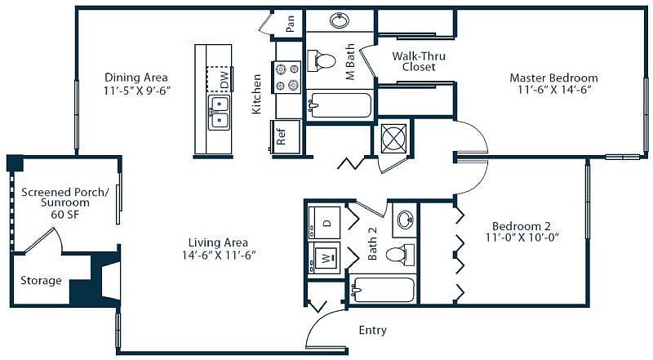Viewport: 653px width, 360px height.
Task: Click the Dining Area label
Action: (136, 78)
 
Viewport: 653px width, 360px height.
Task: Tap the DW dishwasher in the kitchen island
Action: (219, 79)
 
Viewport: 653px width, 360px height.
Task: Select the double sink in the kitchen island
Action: (219, 113)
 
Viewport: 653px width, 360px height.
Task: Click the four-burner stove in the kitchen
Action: (287, 77)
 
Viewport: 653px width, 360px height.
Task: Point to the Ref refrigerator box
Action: (286, 136)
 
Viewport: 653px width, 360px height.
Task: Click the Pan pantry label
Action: (291, 24)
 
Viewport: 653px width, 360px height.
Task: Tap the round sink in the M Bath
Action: (340, 20)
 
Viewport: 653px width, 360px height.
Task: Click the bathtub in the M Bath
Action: (340, 106)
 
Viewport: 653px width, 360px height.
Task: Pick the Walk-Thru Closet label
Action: (419, 61)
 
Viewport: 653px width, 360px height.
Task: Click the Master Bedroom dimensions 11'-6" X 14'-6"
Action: (554, 90)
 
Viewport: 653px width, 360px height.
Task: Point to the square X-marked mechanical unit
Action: (393, 138)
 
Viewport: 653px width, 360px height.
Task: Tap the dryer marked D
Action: (324, 223)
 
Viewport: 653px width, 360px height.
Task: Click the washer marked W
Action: (324, 258)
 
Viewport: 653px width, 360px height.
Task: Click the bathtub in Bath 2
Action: (382, 290)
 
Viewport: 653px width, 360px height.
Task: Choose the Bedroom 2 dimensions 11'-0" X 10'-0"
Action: (522, 238)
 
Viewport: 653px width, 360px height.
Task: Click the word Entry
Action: (373, 331)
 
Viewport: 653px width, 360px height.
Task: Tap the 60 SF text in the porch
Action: (65, 215)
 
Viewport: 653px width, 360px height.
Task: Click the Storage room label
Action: (41, 281)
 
